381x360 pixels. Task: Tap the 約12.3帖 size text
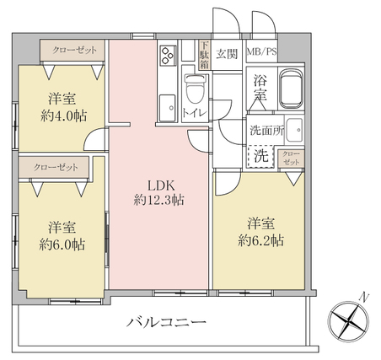159,201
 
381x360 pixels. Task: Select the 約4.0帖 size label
63,116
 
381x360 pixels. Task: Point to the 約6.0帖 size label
62,244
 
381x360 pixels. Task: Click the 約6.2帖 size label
261,240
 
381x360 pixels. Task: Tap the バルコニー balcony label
166,322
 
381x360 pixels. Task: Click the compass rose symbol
348,320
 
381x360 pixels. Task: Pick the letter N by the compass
364,297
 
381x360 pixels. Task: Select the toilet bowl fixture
195,89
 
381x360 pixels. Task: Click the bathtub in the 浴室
291,88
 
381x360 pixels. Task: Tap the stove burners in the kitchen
167,56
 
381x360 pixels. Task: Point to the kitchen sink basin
167,108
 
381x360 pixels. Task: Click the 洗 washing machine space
260,156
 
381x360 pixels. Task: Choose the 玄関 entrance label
227,53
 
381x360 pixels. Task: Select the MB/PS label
262,52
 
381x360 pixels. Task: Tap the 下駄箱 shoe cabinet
204,55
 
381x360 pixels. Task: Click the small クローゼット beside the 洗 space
291,159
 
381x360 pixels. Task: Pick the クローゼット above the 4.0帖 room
72,51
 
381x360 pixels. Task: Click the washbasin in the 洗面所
295,130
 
